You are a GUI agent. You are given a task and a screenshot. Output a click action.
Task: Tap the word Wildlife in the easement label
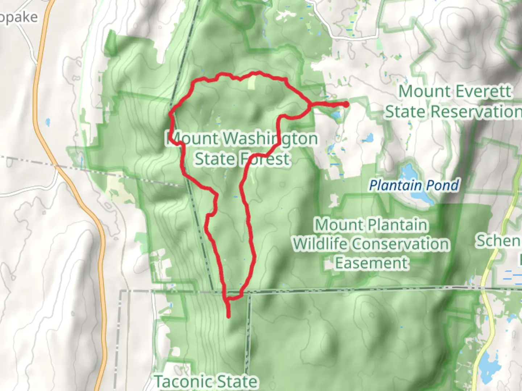(319, 244)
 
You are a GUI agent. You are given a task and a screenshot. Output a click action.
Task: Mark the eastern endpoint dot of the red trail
(346, 104)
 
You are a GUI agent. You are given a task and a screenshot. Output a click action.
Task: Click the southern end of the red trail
(229, 316)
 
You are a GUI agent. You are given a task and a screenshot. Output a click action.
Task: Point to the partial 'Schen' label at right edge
(498, 241)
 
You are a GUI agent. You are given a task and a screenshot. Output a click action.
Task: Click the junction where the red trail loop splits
(309, 105)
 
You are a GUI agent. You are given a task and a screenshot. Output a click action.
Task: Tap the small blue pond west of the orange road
(48, 122)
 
